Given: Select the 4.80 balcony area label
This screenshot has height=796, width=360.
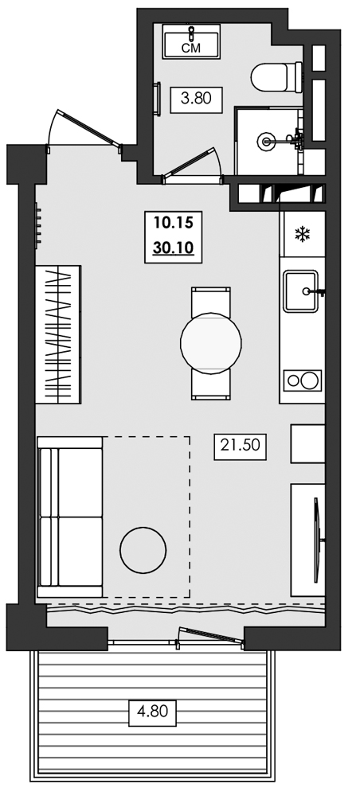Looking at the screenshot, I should pyautogui.click(x=151, y=710).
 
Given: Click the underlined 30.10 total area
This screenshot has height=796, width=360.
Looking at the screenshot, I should pyautogui.click(x=169, y=249).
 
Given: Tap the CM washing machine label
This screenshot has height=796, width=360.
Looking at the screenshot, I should pyautogui.click(x=192, y=49).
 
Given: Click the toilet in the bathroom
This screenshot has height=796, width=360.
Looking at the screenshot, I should pyautogui.click(x=275, y=78).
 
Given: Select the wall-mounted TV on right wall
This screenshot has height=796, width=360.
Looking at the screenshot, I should pyautogui.click(x=318, y=529).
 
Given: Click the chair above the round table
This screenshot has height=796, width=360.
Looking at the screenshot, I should pyautogui.click(x=211, y=302).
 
